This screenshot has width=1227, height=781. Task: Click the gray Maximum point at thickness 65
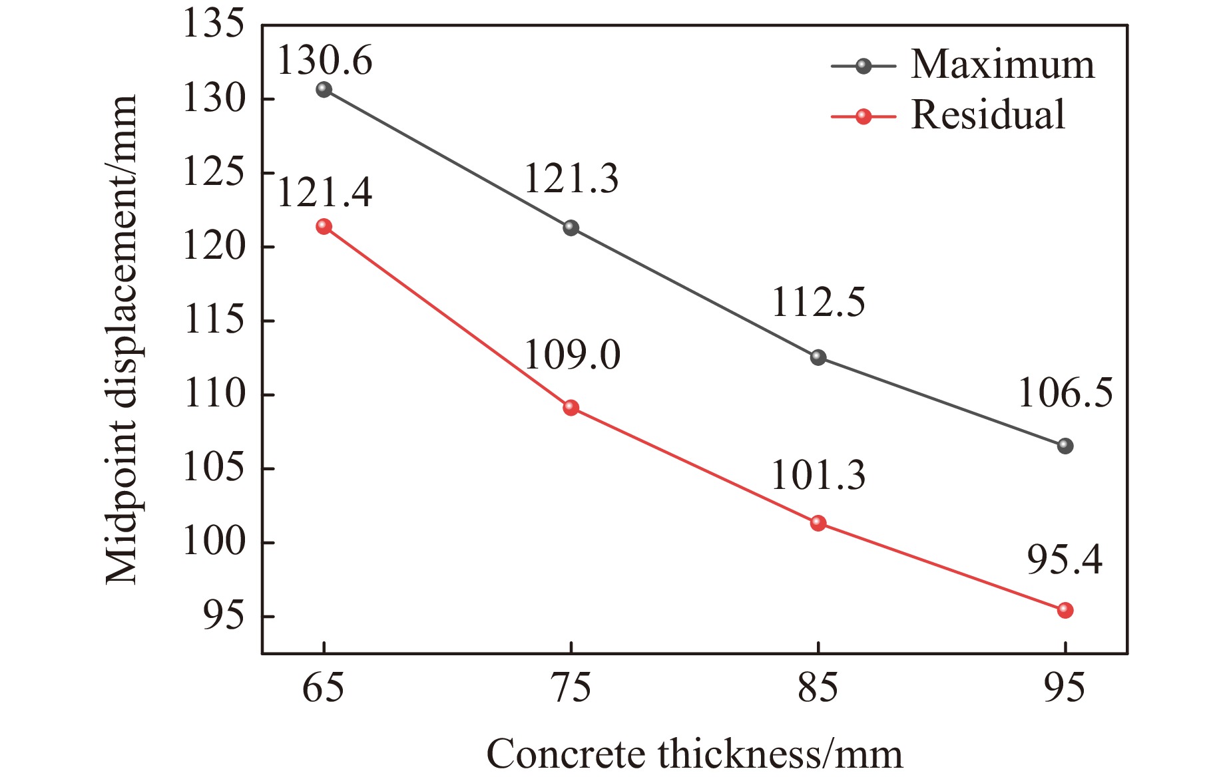(324, 89)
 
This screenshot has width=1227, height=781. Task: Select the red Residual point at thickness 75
(571, 407)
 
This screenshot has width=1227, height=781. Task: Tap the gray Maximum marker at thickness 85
(818, 357)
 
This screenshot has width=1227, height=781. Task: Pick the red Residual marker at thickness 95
(1065, 610)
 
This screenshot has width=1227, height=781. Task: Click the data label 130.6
(324, 61)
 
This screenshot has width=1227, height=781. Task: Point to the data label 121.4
(324, 193)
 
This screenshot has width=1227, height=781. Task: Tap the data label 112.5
(818, 302)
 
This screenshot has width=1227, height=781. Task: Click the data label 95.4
(1065, 559)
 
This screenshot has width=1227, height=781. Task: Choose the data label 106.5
(1065, 392)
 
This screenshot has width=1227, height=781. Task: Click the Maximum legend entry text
(1002, 65)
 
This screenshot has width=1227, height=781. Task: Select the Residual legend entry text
(987, 114)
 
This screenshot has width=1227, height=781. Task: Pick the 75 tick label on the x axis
(571, 688)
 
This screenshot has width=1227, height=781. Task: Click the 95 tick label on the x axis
(1064, 688)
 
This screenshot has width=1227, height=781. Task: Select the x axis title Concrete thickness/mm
(694, 754)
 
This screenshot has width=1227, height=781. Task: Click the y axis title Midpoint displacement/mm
(122, 339)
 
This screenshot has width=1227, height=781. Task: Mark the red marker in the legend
(863, 117)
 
